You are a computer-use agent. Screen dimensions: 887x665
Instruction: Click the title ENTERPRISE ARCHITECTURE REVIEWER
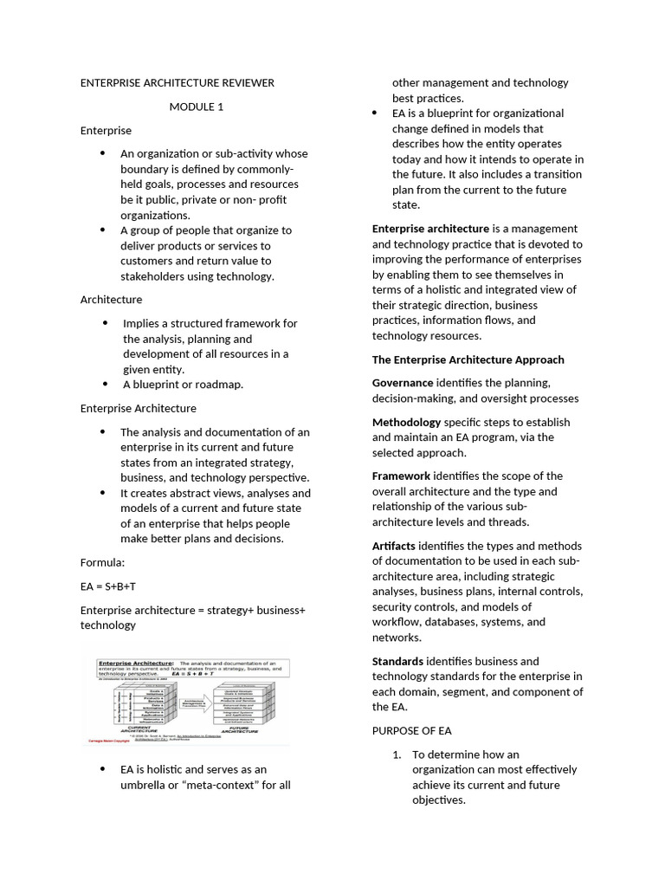tap(177, 83)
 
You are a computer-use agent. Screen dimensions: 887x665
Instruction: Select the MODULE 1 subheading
tap(196, 107)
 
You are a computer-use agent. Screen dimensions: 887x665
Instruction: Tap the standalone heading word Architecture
tap(111, 300)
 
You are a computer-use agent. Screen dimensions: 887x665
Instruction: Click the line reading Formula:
tap(102, 562)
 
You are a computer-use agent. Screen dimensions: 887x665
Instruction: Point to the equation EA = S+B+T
tap(107, 586)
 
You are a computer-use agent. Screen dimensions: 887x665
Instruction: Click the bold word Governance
tap(403, 383)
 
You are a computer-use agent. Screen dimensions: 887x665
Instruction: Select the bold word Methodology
tap(406, 423)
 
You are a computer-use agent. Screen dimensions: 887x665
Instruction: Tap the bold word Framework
tap(401, 476)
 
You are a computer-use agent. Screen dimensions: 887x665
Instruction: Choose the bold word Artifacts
tap(394, 546)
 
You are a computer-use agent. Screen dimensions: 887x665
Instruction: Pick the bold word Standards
tap(397, 662)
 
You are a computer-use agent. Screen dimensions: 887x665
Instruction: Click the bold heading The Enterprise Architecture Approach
tap(468, 359)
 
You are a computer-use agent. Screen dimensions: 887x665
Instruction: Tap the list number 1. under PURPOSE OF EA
tap(398, 754)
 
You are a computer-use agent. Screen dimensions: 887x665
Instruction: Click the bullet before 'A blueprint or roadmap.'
tap(104, 385)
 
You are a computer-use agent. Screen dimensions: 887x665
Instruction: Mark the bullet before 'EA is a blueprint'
tap(374, 113)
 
